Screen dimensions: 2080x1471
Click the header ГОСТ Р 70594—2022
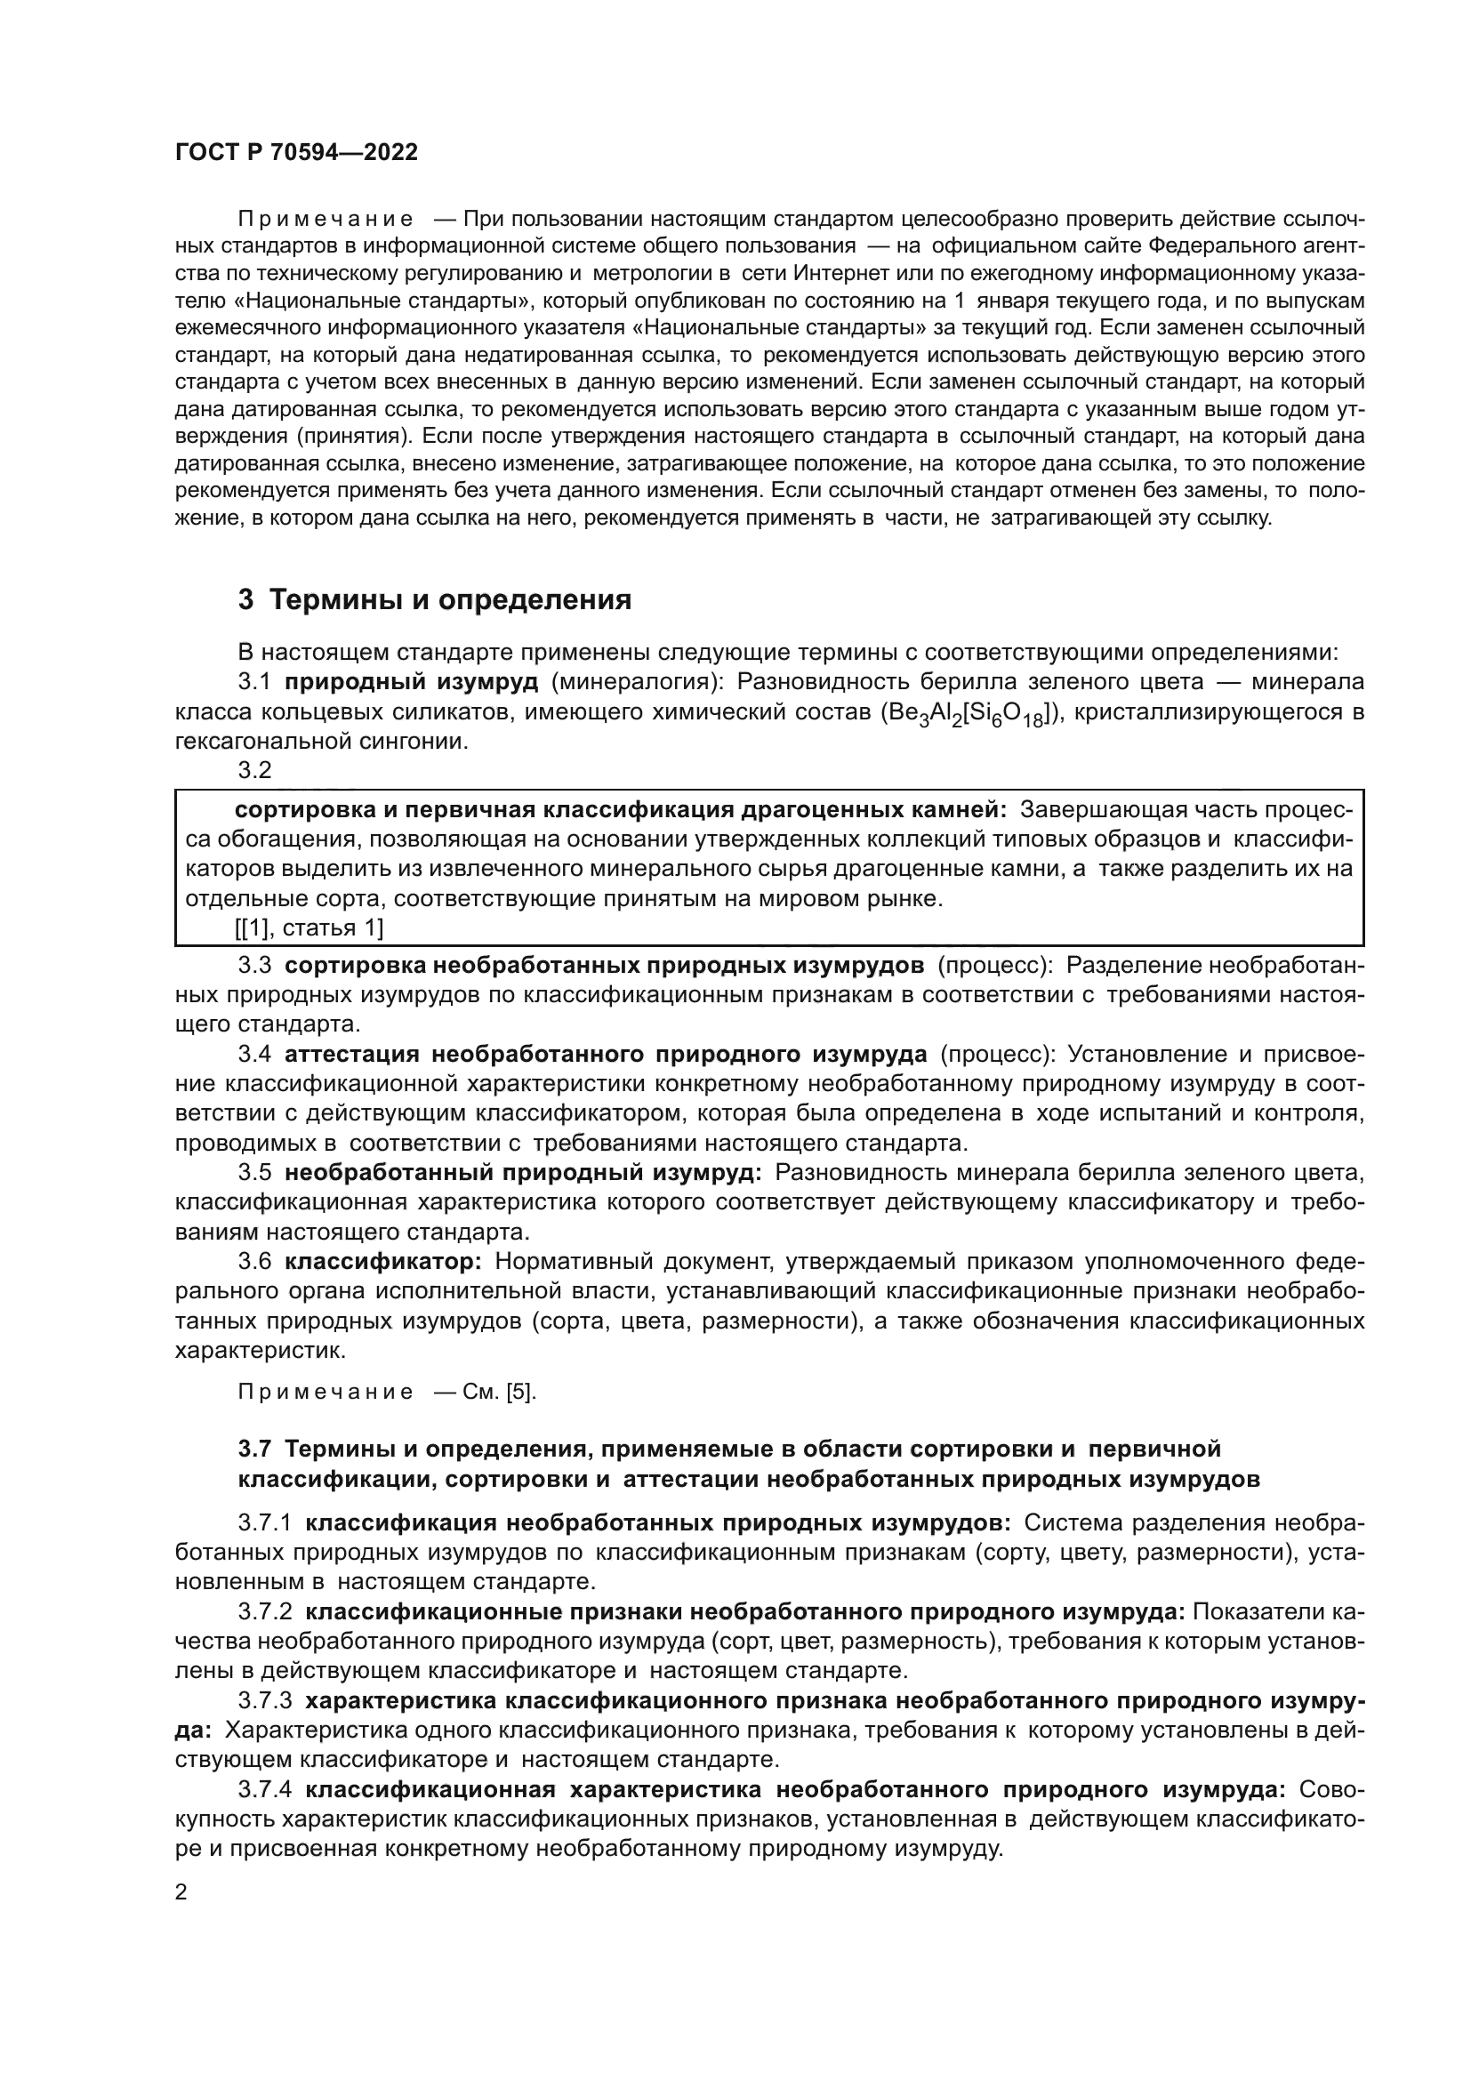pyautogui.click(x=296, y=152)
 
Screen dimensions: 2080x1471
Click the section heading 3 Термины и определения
pyautogui.click(x=434, y=599)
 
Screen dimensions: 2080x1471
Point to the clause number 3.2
pyautogui.click(x=254, y=771)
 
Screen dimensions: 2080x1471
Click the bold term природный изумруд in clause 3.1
pyautogui.click(x=411, y=682)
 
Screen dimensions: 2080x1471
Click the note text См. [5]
pyautogui.click(x=499, y=1393)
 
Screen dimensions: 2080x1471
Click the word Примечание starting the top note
pyautogui.click(x=326, y=220)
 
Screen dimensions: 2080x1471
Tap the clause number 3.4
pyautogui.click(x=254, y=1055)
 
